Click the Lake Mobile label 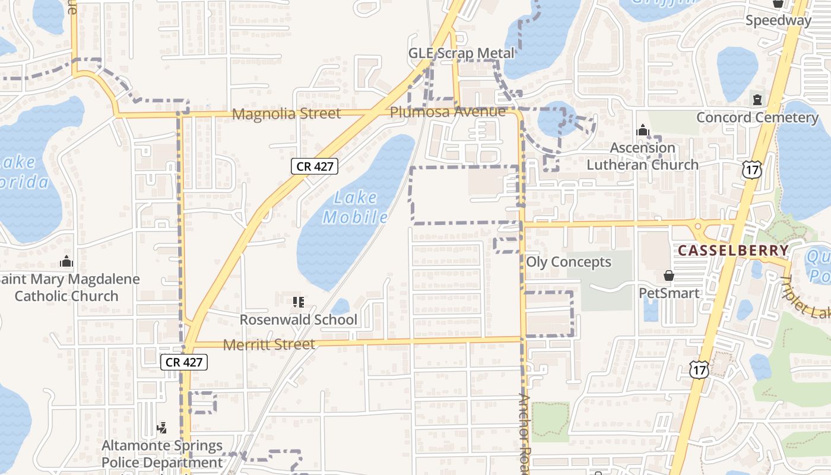click(x=356, y=207)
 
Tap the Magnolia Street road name click(x=286, y=113)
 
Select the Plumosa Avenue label click(x=448, y=112)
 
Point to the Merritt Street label click(x=269, y=344)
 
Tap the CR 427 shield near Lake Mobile click(x=315, y=166)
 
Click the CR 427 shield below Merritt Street click(x=184, y=362)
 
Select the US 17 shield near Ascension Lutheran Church click(x=751, y=170)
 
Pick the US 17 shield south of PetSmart click(x=699, y=369)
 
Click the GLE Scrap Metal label click(x=461, y=53)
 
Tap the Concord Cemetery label click(x=757, y=117)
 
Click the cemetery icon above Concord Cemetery click(x=757, y=99)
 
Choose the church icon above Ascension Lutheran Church click(x=642, y=130)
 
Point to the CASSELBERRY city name click(x=733, y=251)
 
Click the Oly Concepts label click(x=568, y=262)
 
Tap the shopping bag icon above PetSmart click(x=669, y=275)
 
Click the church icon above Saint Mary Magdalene click(x=66, y=261)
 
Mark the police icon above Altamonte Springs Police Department click(x=161, y=427)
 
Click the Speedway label click(x=778, y=20)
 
